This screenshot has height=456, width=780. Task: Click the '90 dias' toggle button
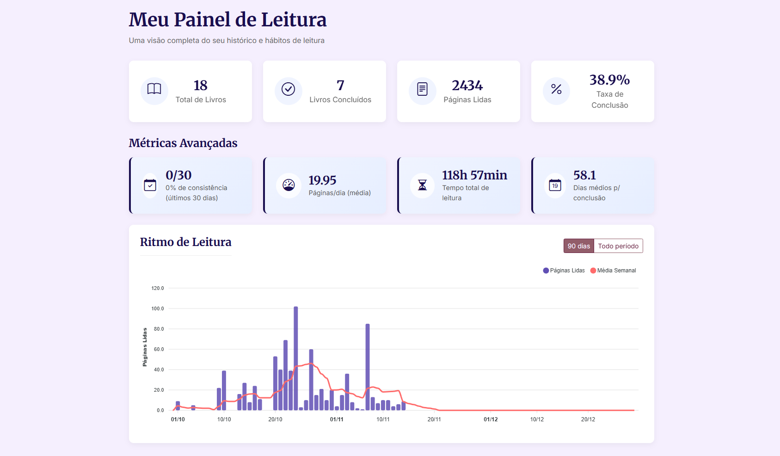(578, 246)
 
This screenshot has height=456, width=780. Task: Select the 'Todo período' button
(618, 246)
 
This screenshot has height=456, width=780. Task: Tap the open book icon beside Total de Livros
(154, 89)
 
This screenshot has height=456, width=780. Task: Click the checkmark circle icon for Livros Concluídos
(288, 89)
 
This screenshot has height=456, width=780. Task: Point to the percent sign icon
(556, 89)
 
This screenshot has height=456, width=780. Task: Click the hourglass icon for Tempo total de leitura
(422, 185)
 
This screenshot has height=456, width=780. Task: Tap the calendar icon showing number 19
(555, 185)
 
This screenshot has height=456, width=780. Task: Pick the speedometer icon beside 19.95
(289, 185)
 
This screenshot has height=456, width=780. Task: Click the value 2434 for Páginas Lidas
(467, 86)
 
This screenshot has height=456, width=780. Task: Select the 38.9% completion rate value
(609, 80)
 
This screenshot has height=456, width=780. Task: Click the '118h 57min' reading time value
(474, 175)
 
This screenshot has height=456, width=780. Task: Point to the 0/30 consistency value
(178, 175)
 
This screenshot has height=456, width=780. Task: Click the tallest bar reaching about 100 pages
(296, 358)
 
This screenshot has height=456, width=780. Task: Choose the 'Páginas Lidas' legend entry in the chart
(564, 271)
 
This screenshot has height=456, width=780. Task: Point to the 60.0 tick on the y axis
(159, 349)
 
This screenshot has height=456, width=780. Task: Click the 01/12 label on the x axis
(491, 419)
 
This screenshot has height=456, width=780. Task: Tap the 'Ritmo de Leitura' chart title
(185, 242)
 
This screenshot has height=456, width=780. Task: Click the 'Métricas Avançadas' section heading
(183, 143)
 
